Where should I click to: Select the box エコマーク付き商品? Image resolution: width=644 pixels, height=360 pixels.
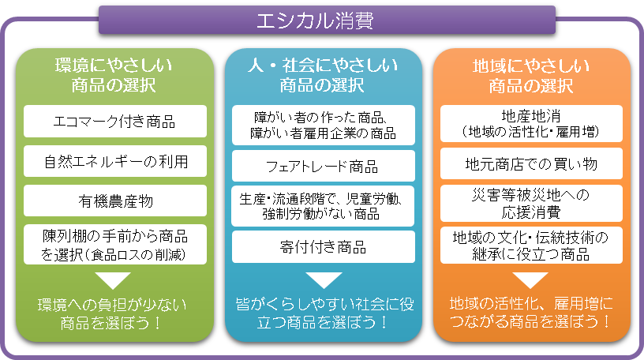[x=114, y=122]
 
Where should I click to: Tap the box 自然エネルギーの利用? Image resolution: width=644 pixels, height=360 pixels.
[x=114, y=162]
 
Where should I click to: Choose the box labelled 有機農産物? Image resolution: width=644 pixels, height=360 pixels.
[x=114, y=202]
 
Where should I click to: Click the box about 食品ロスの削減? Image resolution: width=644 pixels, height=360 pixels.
[x=114, y=244]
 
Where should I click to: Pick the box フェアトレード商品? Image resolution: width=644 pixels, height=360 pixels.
[x=322, y=167]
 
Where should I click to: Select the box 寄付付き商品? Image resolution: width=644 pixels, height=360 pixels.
[x=322, y=247]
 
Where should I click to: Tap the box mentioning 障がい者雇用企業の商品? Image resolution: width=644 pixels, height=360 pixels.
[x=322, y=123]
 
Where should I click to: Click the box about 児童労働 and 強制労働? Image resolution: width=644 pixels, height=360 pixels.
[x=322, y=206]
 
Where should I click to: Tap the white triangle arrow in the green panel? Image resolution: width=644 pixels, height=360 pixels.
[x=114, y=279]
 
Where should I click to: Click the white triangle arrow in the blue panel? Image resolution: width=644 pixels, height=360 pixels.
[x=322, y=279]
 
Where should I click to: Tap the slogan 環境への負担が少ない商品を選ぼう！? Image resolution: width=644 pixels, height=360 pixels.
[x=114, y=313]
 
